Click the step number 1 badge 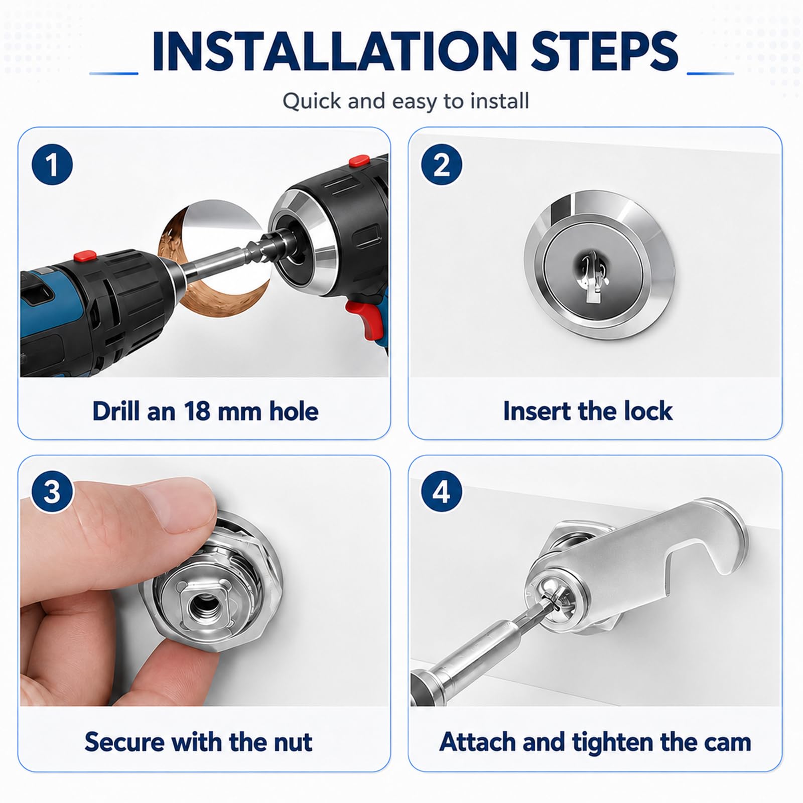[x=52, y=164]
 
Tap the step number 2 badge [x=442, y=164]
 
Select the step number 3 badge [x=52, y=491]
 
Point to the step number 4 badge [x=442, y=491]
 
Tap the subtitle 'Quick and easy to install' [x=406, y=101]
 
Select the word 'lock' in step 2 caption [x=648, y=411]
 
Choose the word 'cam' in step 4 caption [x=728, y=742]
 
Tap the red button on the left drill [x=86, y=256]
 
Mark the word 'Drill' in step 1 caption [x=115, y=411]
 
